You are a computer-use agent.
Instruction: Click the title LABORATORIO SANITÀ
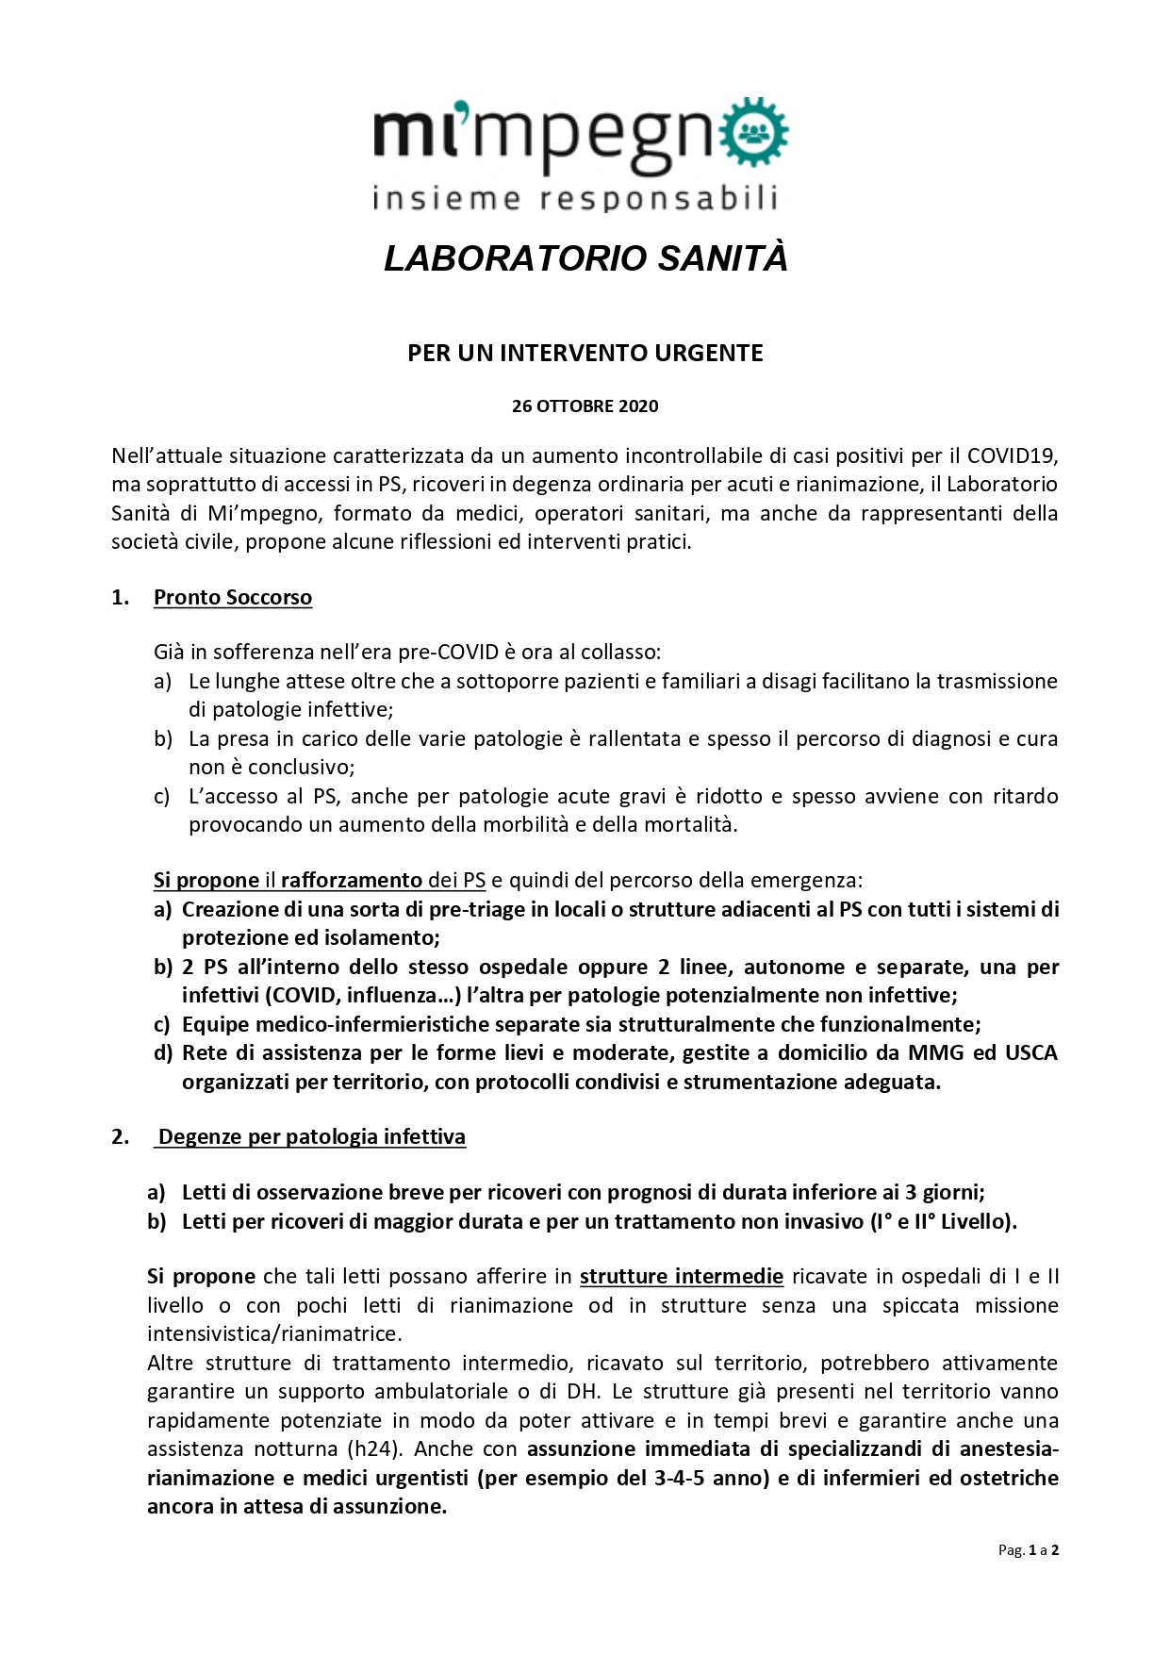pyautogui.click(x=585, y=258)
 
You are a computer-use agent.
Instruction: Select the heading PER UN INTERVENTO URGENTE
pyautogui.click(x=585, y=353)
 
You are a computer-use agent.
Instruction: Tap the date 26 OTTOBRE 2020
pyautogui.click(x=585, y=406)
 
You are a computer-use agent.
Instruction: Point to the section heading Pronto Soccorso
pyautogui.click(x=233, y=598)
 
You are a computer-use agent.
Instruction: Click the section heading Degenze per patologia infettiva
pyautogui.click(x=311, y=1137)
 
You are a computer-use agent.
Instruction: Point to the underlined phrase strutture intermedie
pyautogui.click(x=681, y=1277)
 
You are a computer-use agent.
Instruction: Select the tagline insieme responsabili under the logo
pyautogui.click(x=575, y=199)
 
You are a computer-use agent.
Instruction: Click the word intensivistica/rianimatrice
pyautogui.click(x=273, y=1334)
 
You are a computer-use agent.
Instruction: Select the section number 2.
pyautogui.click(x=120, y=1137)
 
